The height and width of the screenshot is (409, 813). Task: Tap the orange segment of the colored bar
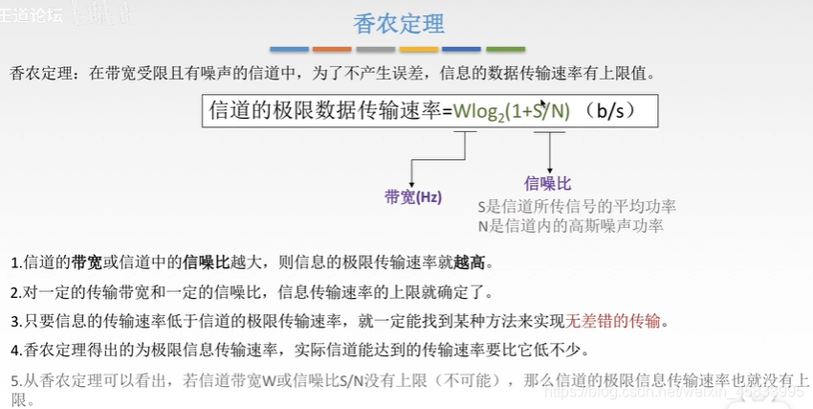point(332,49)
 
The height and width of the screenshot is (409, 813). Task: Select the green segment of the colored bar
point(505,49)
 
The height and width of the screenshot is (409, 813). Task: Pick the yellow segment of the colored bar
point(418,49)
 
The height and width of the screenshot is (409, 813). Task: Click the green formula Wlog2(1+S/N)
point(512,111)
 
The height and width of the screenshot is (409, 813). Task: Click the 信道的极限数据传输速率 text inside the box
point(331,111)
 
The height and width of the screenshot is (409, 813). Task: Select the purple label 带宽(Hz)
point(413,197)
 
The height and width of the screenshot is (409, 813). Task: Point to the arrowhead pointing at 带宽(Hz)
point(411,182)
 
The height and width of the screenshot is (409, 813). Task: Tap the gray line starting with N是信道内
point(570,225)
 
